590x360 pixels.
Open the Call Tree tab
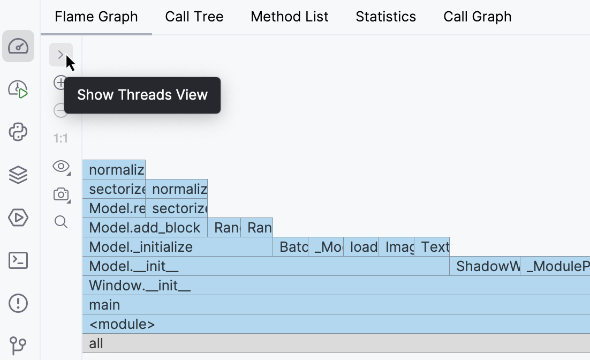click(x=194, y=17)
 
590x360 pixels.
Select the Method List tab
click(x=289, y=17)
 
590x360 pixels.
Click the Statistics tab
click(x=385, y=17)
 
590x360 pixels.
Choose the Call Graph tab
click(x=477, y=17)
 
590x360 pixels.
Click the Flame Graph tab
click(x=96, y=17)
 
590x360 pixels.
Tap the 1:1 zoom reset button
click(x=61, y=139)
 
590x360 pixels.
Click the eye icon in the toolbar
click(x=61, y=166)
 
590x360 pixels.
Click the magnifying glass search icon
click(x=61, y=222)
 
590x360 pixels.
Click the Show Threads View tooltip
click(x=142, y=95)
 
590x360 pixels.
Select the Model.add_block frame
click(x=145, y=228)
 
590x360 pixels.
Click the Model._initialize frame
click(x=177, y=247)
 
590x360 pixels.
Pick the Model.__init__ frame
click(x=265, y=266)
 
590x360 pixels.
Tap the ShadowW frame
click(x=485, y=266)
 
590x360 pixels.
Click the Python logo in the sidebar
click(x=18, y=132)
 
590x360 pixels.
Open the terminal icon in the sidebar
click(x=18, y=261)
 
